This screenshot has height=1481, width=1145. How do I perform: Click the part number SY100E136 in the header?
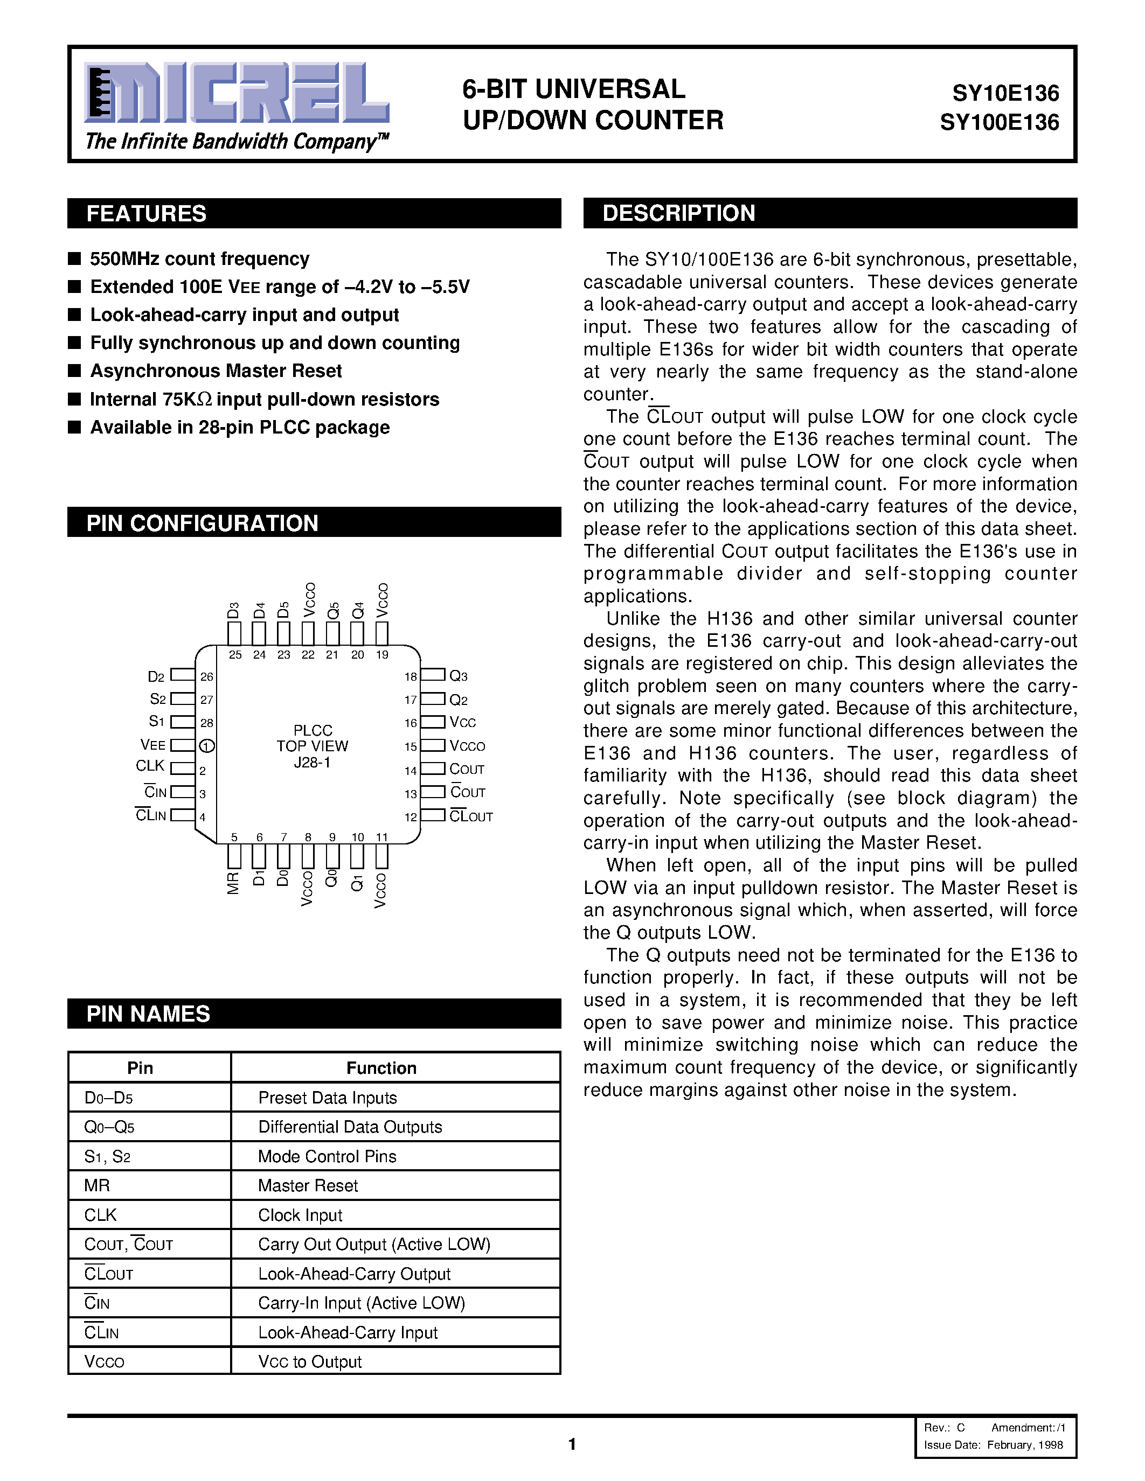[x=999, y=123]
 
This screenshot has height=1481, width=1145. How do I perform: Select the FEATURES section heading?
[x=147, y=214]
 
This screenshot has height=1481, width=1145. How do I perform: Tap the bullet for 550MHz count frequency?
[x=74, y=259]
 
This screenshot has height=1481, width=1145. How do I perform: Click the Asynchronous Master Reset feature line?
[x=216, y=371]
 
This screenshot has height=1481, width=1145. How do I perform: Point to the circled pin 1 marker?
[x=207, y=746]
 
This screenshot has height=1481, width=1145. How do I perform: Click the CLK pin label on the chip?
[x=150, y=766]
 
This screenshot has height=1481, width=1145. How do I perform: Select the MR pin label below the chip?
[x=233, y=884]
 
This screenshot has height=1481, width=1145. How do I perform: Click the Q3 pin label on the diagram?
[x=459, y=676]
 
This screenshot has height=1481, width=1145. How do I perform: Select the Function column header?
[x=381, y=1068]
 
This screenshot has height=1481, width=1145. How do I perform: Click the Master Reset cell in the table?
[x=308, y=1185]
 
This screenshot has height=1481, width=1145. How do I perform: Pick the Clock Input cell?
[x=300, y=1215]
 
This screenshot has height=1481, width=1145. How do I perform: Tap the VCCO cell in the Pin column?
[x=105, y=1361]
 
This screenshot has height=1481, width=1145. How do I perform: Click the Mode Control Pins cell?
[x=327, y=1156]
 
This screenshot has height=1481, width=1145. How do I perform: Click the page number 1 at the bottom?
[x=572, y=1444]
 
